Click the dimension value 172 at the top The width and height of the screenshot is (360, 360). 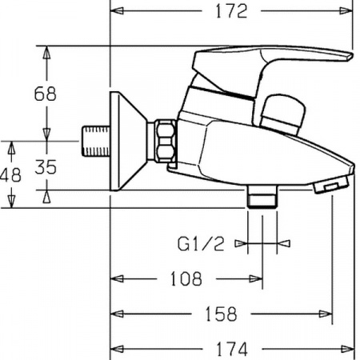pos(231,11)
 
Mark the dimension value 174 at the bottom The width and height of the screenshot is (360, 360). pos(233,349)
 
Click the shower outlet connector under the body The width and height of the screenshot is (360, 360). pos(261,197)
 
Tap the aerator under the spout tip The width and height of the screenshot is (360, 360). pos(330,186)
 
